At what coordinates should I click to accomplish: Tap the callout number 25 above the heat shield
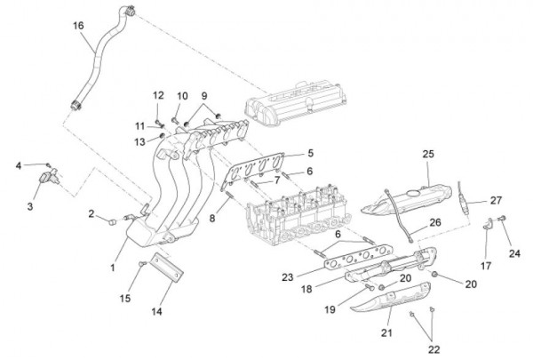point(427,155)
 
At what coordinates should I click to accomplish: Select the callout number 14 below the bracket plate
point(156,312)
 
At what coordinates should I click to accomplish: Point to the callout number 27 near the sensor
point(496,200)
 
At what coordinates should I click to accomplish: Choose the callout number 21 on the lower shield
point(386,332)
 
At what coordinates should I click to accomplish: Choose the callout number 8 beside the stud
point(213,217)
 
